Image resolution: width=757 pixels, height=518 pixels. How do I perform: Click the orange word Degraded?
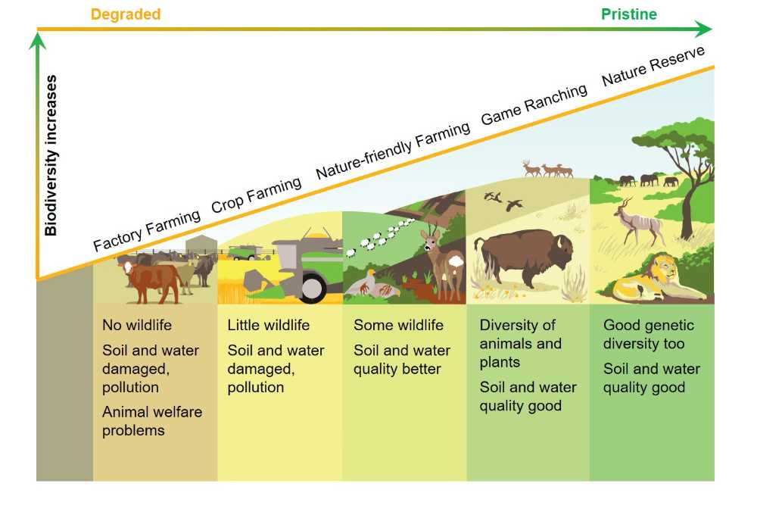126,14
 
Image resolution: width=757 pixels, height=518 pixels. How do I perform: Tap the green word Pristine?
628,14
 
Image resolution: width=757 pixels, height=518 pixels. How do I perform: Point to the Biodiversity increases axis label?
51,155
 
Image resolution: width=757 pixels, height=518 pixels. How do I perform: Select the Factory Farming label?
147,230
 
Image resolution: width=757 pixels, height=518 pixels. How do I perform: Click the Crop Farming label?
257,195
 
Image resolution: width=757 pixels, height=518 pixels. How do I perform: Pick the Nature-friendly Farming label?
393,150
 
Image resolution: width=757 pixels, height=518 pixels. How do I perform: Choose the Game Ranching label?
534,104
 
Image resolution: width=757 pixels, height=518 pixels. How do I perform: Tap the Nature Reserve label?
653,66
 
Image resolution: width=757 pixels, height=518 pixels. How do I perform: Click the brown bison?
525,257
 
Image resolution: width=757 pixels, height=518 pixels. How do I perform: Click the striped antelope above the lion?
637,220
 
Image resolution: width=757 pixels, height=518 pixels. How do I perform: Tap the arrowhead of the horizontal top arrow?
704,29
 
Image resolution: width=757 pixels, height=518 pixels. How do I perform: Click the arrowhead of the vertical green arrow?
37,41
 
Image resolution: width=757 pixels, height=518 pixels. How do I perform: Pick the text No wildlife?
136,325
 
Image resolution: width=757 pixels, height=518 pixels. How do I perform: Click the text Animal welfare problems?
152,421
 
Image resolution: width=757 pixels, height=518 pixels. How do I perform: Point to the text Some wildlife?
398,325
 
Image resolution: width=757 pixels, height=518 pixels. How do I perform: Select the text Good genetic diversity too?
649,334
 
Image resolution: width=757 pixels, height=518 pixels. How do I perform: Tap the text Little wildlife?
269,325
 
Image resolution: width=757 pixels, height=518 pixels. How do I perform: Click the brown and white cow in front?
151,282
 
